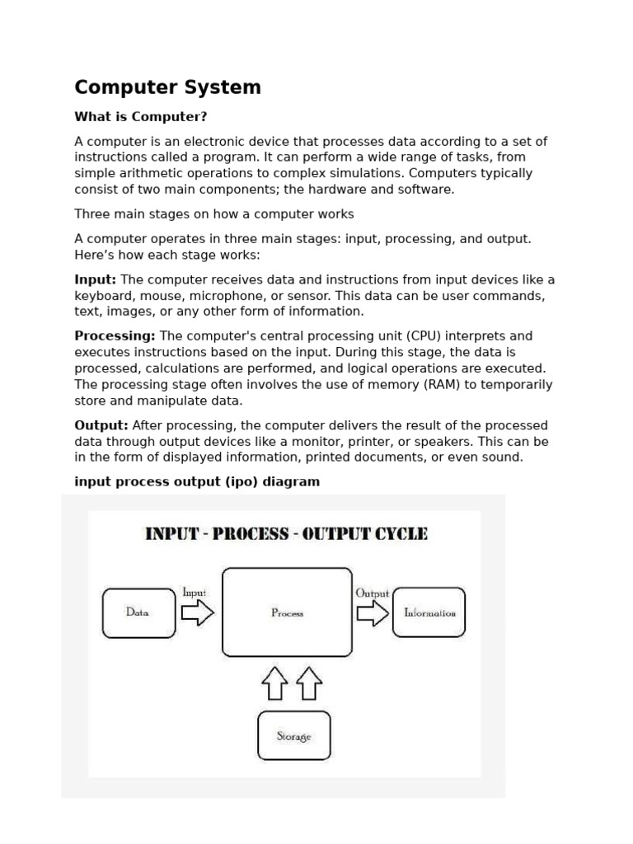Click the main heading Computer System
(167, 87)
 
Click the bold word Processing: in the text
(115, 336)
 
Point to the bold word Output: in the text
(101, 425)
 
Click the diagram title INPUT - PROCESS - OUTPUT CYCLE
(286, 533)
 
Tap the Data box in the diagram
(137, 612)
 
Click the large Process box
(287, 612)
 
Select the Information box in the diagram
(429, 612)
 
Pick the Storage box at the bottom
(293, 735)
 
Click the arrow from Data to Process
(197, 612)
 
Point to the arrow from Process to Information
(372, 612)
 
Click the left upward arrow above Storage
(274, 684)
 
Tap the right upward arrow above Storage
(309, 684)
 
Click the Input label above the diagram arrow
(194, 593)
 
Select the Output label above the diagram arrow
(372, 593)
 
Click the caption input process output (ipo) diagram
(197, 481)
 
